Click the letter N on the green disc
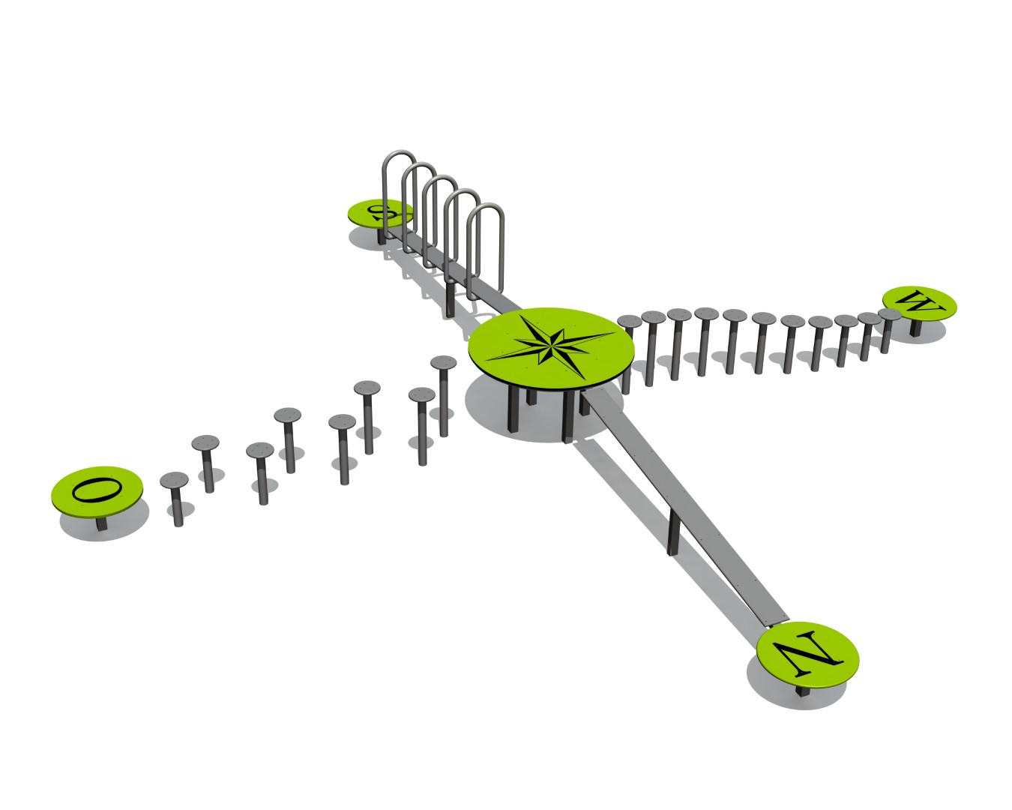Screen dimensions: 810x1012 pyautogui.click(x=808, y=651)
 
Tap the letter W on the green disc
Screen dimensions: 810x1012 pyautogui.click(x=919, y=302)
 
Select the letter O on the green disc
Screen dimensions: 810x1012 pyautogui.click(x=97, y=489)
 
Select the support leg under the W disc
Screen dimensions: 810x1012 pyautogui.click(x=915, y=328)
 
